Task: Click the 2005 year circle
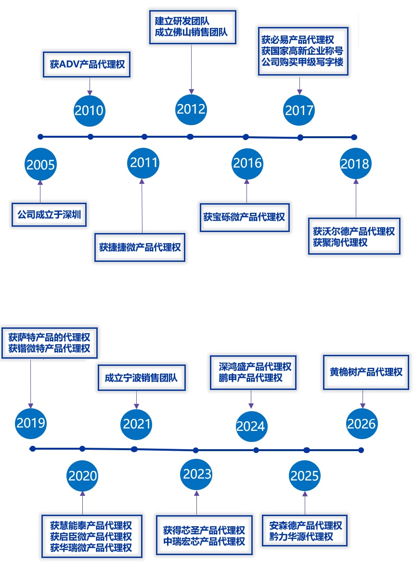pos(40,164)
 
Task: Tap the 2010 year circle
pos(89,110)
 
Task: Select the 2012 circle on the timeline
pos(191,109)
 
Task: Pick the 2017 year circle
pos(299,110)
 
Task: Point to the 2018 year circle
pos(355,164)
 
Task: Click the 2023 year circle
pos(196,474)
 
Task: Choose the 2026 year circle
pos(362,424)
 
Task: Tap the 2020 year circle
pos(83,476)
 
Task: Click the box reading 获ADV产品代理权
pos(87,65)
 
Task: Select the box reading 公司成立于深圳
pos(49,215)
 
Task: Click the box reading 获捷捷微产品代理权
pos(140,247)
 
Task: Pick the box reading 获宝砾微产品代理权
pos(245,218)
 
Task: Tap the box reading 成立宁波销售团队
pos(142,378)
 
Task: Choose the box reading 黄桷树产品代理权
pos(366,372)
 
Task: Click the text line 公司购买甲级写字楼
pos(302,62)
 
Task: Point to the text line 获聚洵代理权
pos(340,243)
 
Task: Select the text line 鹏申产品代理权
pos(250,378)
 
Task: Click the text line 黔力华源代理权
pos(301,537)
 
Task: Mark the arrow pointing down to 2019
pos(31,384)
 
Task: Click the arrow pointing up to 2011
pos(142,206)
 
